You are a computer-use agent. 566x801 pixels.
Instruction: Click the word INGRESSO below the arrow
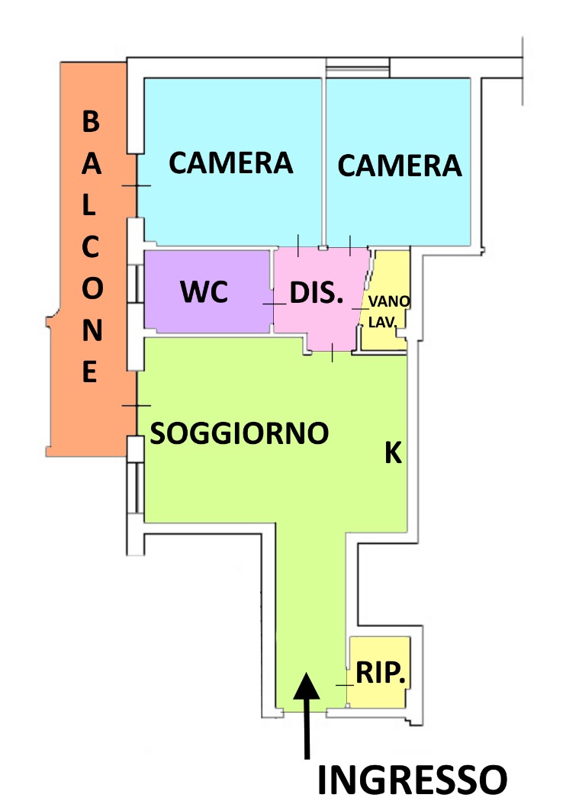click(x=412, y=780)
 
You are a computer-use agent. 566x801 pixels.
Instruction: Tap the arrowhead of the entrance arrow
click(x=307, y=686)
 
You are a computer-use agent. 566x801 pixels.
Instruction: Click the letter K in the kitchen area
click(x=394, y=452)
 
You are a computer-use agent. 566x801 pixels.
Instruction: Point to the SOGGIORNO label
click(x=239, y=433)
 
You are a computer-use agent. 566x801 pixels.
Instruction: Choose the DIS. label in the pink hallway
click(x=317, y=293)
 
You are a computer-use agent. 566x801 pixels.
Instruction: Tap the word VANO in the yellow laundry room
click(x=389, y=301)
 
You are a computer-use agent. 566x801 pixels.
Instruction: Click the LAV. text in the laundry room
click(x=382, y=323)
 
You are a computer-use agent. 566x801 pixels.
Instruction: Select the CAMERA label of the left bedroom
click(x=231, y=163)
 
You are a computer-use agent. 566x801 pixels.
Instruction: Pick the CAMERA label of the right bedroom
click(x=400, y=166)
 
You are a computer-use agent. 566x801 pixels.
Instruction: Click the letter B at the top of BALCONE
click(x=91, y=121)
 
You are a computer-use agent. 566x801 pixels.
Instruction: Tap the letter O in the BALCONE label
click(x=92, y=288)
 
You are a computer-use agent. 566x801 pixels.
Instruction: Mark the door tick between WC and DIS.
click(x=275, y=304)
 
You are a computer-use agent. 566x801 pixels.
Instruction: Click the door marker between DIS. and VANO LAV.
click(x=360, y=308)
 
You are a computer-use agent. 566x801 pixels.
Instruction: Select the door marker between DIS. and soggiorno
click(x=333, y=352)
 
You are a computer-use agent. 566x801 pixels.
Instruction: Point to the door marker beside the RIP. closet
click(x=345, y=685)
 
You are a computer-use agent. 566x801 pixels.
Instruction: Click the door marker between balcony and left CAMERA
click(x=137, y=185)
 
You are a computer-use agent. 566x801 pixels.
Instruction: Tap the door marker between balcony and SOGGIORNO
click(x=137, y=406)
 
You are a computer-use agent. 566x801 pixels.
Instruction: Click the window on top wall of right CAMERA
click(x=358, y=68)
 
